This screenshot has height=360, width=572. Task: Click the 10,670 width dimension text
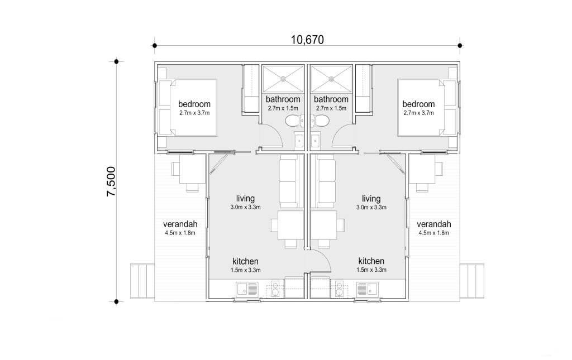pos(307,40)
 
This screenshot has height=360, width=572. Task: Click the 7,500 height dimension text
pos(111,182)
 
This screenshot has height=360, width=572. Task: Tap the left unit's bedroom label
pos(194,104)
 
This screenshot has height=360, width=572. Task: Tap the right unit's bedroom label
pos(418,104)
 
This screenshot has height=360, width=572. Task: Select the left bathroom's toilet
pos(294,121)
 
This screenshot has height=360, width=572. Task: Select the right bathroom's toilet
pos(320,121)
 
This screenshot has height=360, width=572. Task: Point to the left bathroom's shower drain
pos(283,78)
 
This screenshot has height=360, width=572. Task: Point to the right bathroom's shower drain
pos(331,78)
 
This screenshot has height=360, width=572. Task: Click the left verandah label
pos(180,224)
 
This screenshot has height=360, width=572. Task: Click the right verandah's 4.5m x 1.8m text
pos(433,233)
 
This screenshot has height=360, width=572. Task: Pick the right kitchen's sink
pos(368,289)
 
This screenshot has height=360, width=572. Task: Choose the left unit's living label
pos(245,199)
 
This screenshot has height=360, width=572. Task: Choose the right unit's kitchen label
pos(371,261)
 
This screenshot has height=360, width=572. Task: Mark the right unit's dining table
pos(323,225)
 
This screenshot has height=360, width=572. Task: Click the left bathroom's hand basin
pos(299,141)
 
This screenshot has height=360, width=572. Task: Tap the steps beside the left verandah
pos(142,281)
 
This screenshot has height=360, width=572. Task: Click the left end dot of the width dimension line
pos(155,46)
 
